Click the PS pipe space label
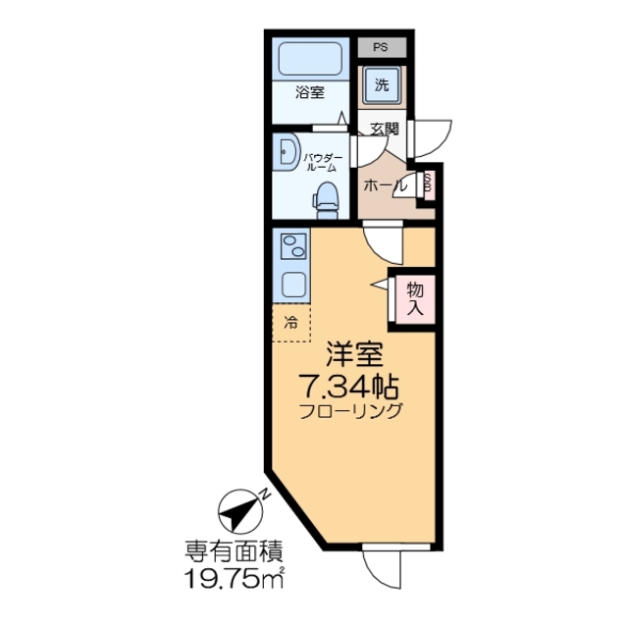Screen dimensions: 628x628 (379, 46)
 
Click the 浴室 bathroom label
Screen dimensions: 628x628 (309, 94)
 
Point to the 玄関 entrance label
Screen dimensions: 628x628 (385, 129)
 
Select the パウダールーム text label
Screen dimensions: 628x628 (322, 162)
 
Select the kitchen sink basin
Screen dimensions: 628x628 (292, 284)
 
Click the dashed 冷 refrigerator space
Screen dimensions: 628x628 (290, 322)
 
